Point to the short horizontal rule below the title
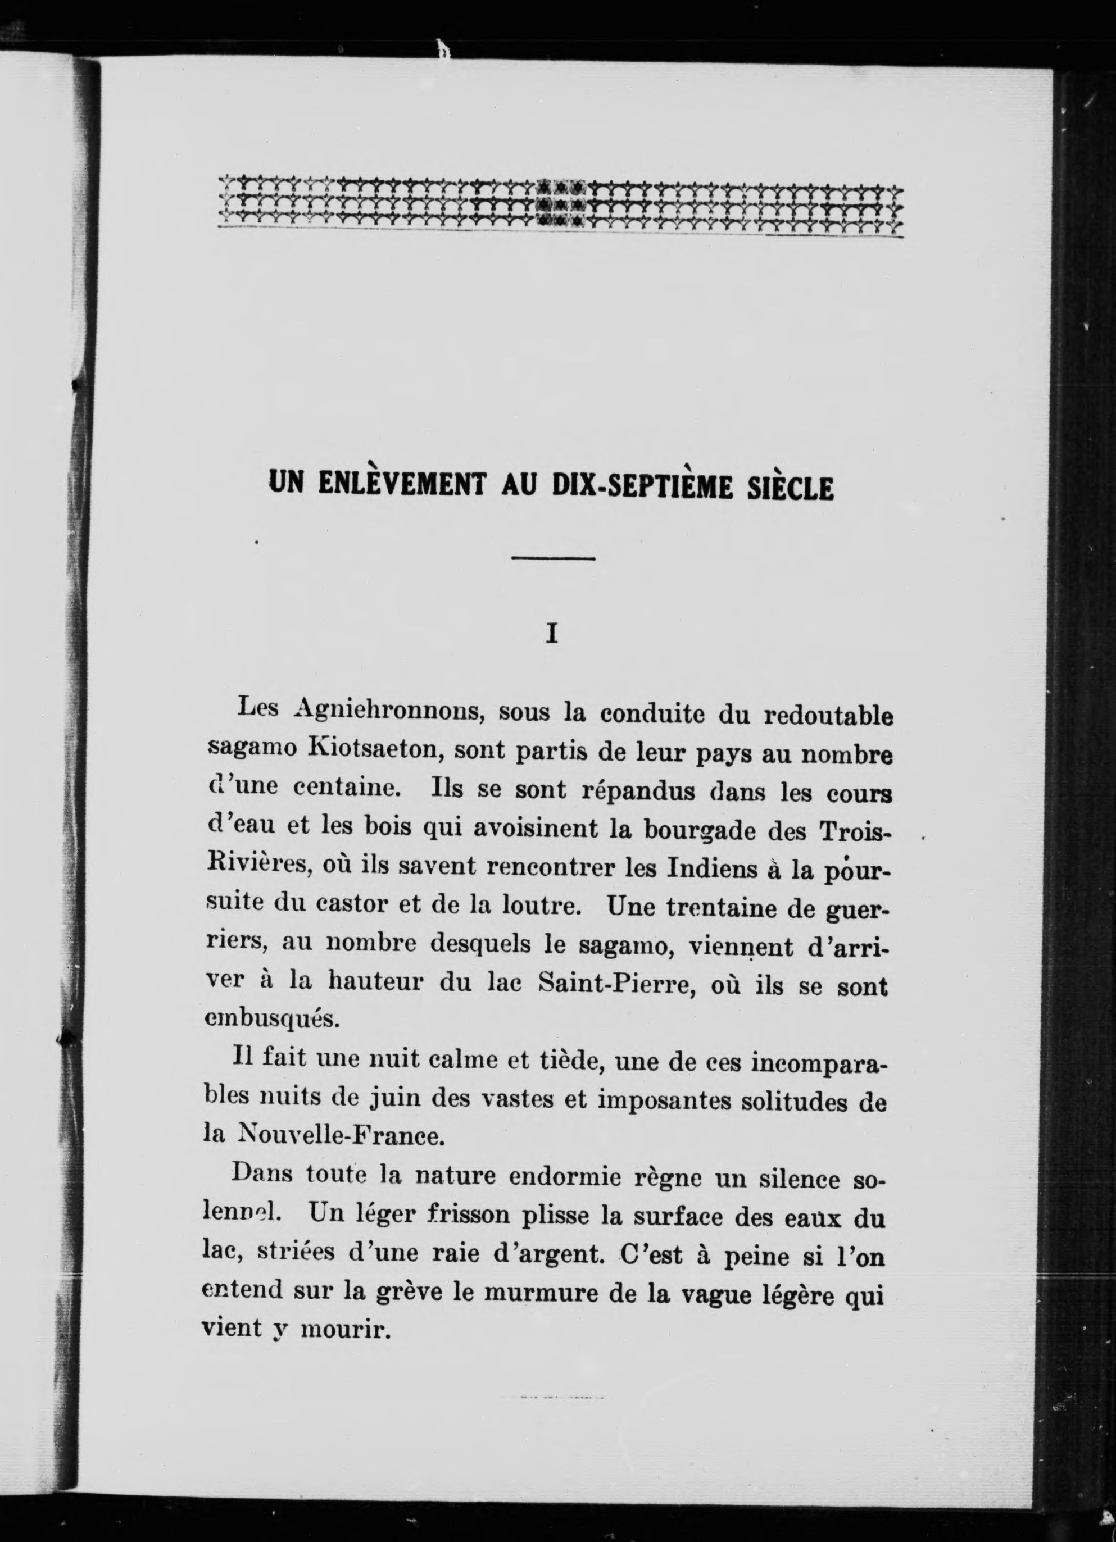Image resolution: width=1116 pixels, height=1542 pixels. tap(553, 559)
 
